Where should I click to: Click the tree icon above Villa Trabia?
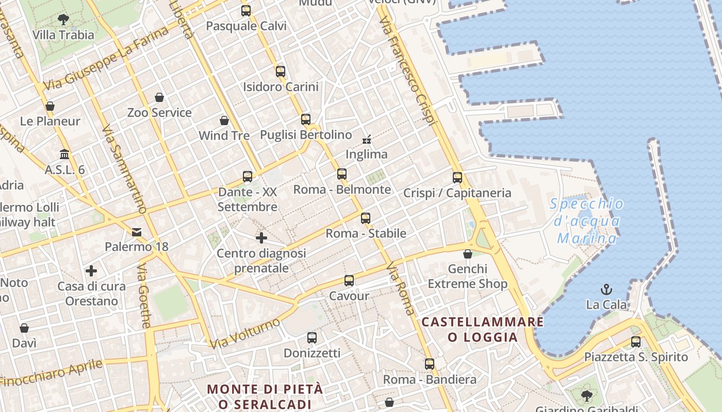point(63,20)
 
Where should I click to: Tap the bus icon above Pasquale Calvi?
point(246,10)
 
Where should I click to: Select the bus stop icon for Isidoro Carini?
point(281,72)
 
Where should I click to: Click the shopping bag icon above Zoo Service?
point(159,97)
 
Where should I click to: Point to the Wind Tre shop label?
point(224,135)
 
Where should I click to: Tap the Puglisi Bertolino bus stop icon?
point(306,119)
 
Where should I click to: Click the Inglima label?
point(366,154)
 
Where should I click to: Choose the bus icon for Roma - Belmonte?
point(342,174)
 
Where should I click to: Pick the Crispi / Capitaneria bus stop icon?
point(457,178)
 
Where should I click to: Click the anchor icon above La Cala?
point(606,289)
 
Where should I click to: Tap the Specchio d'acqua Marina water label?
point(587,221)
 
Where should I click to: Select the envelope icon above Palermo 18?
point(137,232)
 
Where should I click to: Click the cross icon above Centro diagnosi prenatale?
point(261,238)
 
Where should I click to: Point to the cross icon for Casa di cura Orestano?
point(91,271)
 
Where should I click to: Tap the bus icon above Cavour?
point(349,281)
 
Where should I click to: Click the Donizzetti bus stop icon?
point(312,338)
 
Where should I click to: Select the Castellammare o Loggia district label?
point(483,330)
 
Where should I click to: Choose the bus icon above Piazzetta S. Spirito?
point(636,341)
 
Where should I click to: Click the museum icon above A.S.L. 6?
point(64,154)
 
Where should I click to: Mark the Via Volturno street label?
point(245,333)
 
